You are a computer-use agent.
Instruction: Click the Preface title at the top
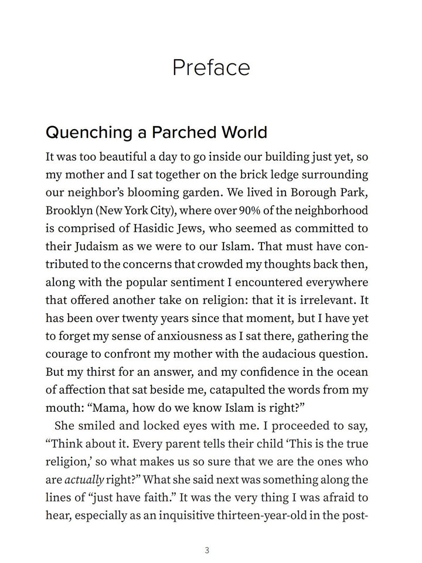click(x=211, y=68)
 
